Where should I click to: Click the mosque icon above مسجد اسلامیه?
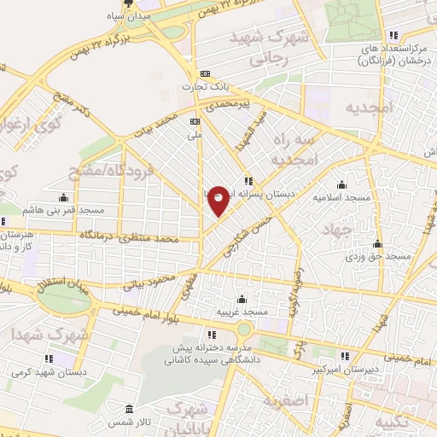point(342,184)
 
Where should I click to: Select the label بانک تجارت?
point(204,87)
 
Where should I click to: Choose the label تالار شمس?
point(129,422)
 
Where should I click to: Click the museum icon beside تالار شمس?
point(129,408)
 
